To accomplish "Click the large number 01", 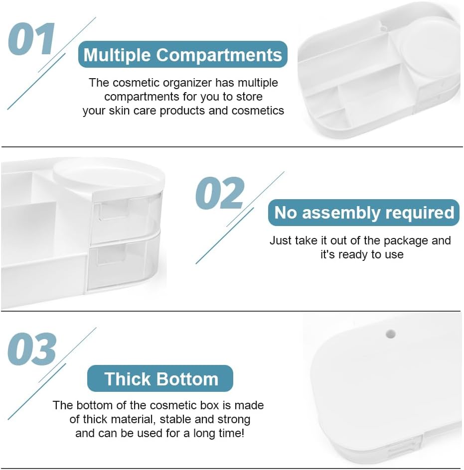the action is pyautogui.click(x=31, y=39).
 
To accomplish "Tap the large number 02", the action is pyautogui.click(x=220, y=193).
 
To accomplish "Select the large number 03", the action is pyautogui.click(x=32, y=349).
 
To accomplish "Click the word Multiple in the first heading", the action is pyautogui.click(x=117, y=55).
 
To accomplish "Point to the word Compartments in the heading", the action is pyautogui.click(x=219, y=55).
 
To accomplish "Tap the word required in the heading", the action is pyautogui.click(x=420, y=213).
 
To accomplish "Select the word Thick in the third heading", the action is pyautogui.click(x=128, y=379).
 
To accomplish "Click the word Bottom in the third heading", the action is pyautogui.click(x=187, y=379).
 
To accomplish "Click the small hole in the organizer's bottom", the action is pyautogui.click(x=390, y=334).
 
